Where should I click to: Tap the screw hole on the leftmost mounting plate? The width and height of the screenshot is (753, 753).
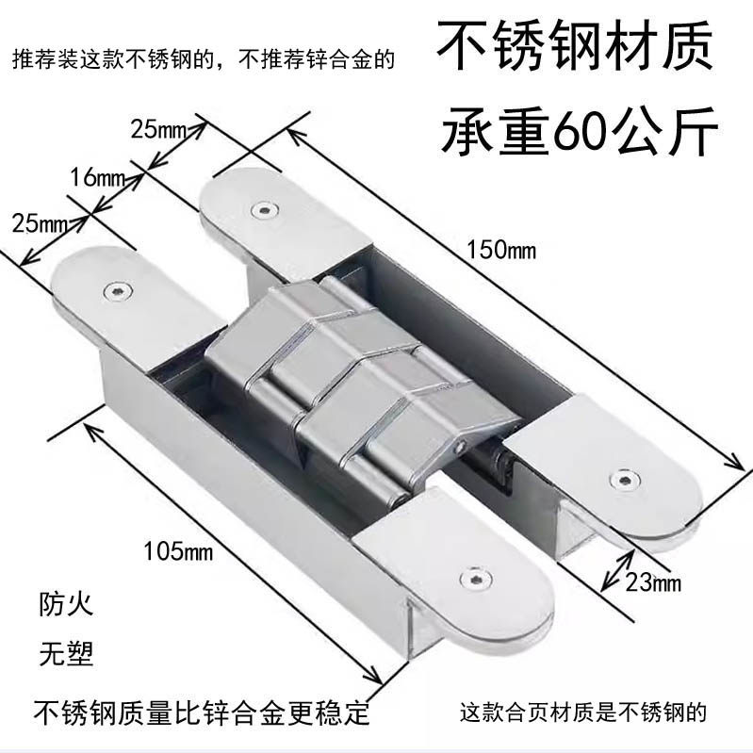[x=117, y=288]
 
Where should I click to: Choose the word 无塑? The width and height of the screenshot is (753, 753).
[x=66, y=652]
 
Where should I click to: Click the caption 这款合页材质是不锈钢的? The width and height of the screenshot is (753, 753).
[x=582, y=712]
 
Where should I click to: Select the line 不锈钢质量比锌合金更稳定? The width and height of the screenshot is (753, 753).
[x=203, y=711]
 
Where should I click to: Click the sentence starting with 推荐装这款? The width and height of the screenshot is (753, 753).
[x=203, y=60]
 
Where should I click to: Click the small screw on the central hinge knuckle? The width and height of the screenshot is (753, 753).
[x=462, y=441]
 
